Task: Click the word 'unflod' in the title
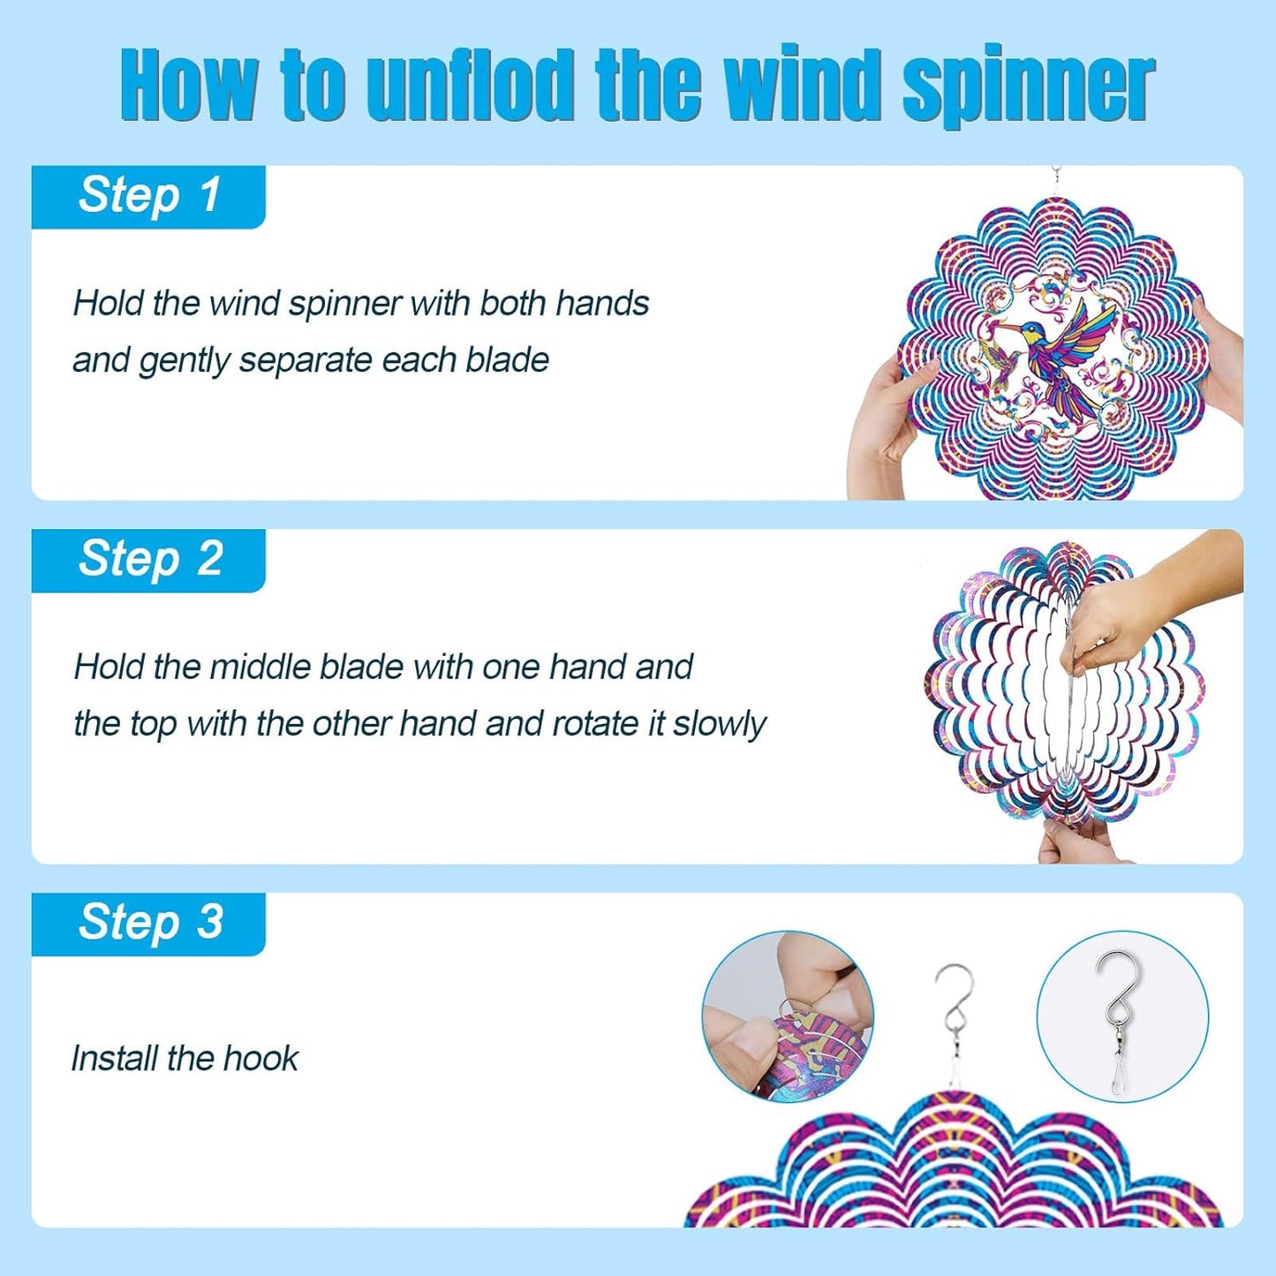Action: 471,88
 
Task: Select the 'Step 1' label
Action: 149,196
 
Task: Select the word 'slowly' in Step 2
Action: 719,725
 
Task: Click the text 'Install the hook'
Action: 185,1058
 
